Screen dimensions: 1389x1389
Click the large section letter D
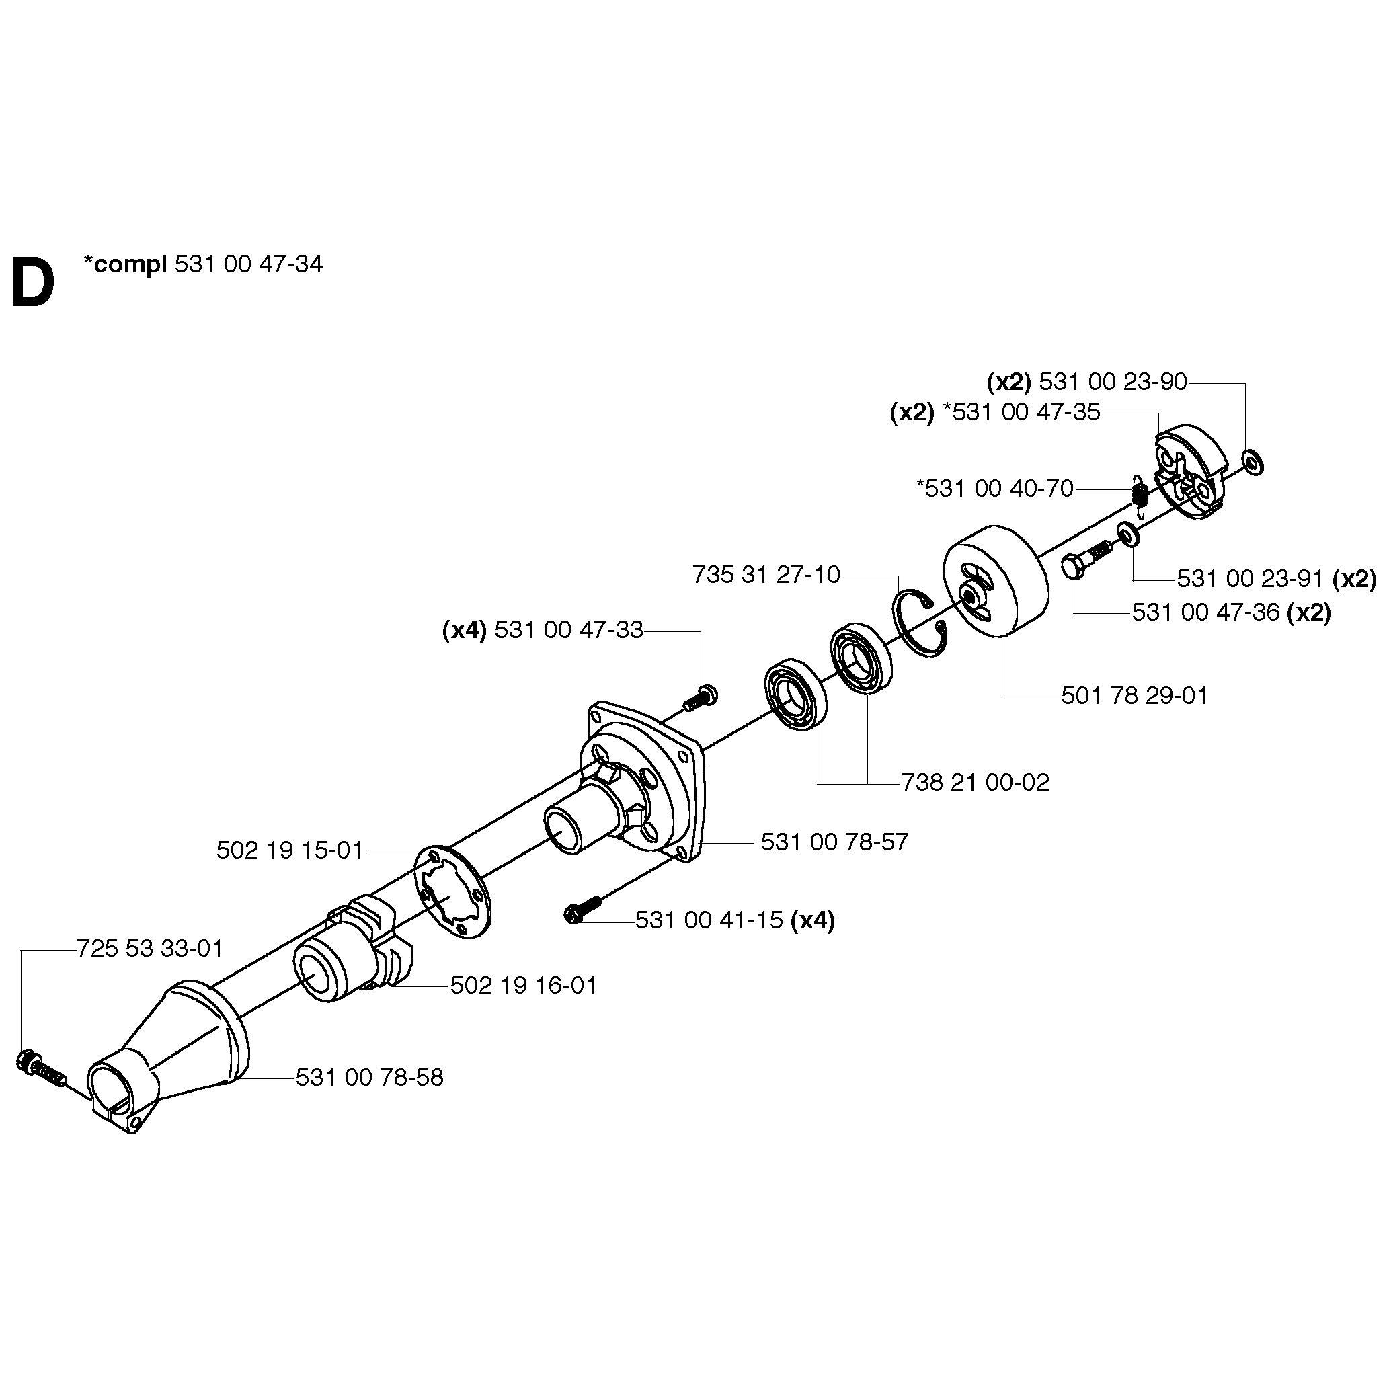tap(33, 283)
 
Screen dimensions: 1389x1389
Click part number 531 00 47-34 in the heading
tap(249, 265)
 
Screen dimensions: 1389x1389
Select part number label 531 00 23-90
tap(1112, 382)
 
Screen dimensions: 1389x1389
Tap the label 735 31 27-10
tap(766, 574)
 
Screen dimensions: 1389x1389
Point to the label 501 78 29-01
tap(1134, 695)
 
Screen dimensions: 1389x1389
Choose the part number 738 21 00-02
tap(975, 781)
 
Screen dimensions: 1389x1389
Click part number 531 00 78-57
tap(834, 841)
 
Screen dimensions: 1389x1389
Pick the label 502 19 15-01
tap(289, 850)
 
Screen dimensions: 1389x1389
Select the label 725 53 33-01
tap(149, 948)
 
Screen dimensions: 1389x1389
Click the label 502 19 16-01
tap(523, 985)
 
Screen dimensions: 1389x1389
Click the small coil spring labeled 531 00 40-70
tap(1138, 495)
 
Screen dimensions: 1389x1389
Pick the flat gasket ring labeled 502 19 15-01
tap(452, 891)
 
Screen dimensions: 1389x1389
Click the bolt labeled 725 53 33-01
tap(40, 1069)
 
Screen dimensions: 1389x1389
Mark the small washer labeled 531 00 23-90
tap(1253, 463)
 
